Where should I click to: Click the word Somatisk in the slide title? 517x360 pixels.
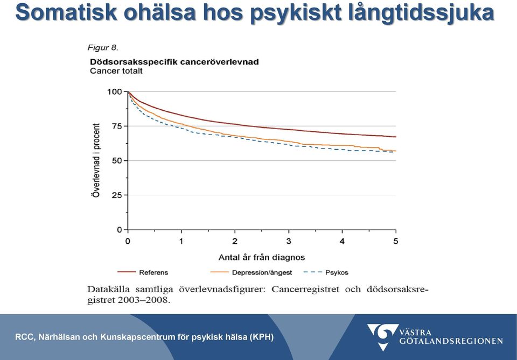[x=66, y=12]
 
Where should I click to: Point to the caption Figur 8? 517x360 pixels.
[x=103, y=47]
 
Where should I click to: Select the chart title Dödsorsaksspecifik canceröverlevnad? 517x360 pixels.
[x=174, y=62]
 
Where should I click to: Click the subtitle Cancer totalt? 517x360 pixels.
[x=116, y=71]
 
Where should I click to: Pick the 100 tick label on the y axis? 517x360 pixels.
[x=114, y=91]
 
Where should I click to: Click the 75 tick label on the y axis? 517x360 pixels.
[x=117, y=126]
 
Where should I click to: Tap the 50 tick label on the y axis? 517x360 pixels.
[x=117, y=161]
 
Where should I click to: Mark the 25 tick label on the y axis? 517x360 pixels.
[x=117, y=195]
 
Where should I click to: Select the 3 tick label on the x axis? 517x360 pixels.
[x=289, y=242]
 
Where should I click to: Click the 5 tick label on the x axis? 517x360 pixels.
[x=396, y=242]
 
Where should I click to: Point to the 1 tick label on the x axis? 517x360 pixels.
[x=181, y=242]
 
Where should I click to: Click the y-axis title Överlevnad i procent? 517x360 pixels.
[x=96, y=160]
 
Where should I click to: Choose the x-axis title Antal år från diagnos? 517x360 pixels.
[x=262, y=257]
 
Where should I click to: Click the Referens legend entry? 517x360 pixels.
[x=143, y=272]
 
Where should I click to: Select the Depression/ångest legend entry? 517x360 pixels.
[x=251, y=272]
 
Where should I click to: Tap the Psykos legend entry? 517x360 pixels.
[x=326, y=272]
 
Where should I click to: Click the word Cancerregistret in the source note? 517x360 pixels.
[x=305, y=289]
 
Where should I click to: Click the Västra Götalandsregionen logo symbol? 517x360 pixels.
[x=382, y=337]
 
